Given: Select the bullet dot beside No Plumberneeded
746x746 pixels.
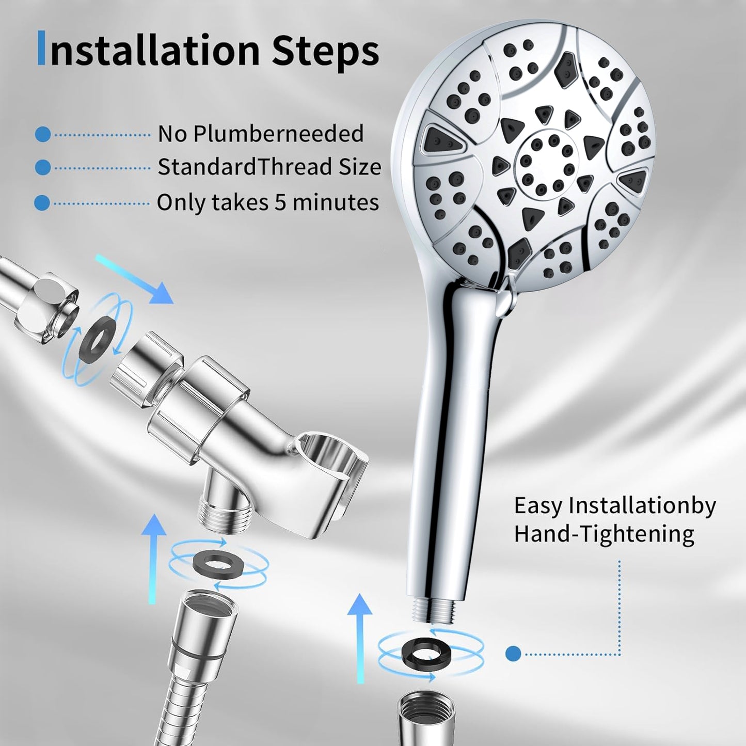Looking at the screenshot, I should (43, 135).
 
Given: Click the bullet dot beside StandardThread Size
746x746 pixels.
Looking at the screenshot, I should (43, 168).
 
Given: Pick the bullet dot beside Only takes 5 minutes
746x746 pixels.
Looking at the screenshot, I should (43, 203).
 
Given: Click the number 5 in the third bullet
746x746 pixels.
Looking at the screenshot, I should (280, 202).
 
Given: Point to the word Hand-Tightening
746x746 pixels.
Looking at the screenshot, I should (604, 533).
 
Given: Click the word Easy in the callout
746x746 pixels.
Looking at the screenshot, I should (538, 506).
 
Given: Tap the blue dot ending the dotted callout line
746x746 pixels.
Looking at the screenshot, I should (513, 654).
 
